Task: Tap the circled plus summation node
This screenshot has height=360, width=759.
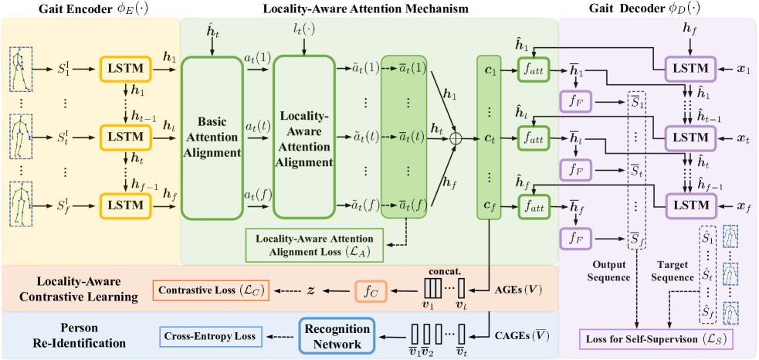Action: tap(456, 138)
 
